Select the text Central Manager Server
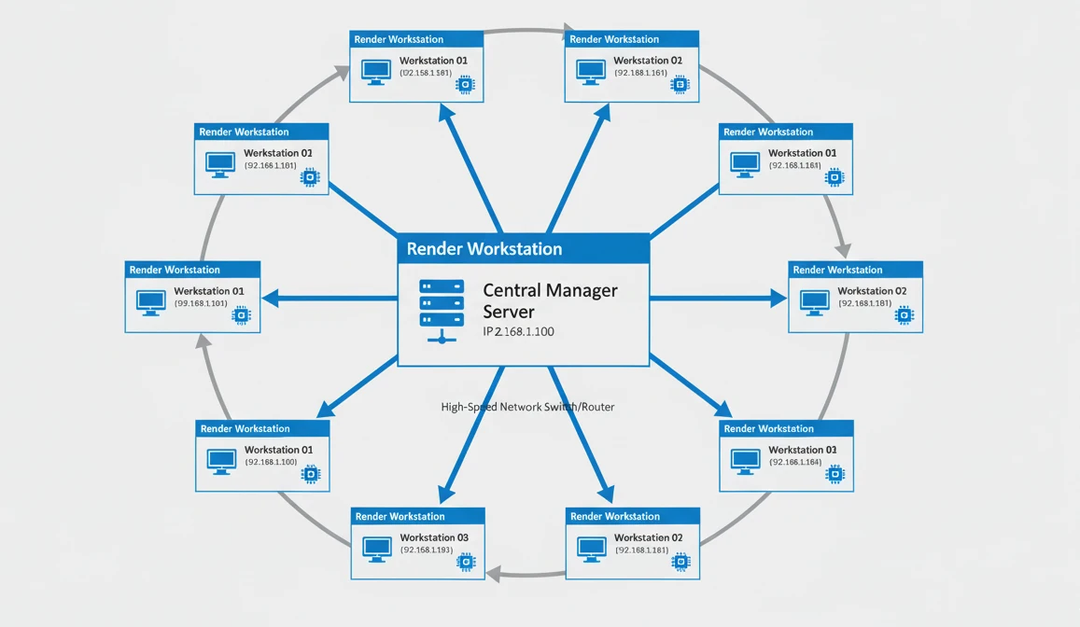(x=550, y=300)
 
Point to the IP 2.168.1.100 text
(x=518, y=331)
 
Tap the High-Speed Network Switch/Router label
(x=527, y=407)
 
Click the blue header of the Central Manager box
(x=523, y=248)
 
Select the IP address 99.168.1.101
(x=201, y=303)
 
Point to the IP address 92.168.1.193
(x=427, y=550)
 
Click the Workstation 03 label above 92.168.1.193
(x=434, y=537)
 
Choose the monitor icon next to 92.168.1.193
(x=376, y=548)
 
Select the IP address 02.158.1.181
(x=427, y=73)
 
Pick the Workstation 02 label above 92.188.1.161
(x=648, y=61)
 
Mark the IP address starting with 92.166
(x=795, y=462)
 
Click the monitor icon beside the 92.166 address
(x=745, y=460)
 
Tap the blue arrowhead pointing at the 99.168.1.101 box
(x=270, y=299)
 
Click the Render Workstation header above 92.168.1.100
(x=245, y=428)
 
